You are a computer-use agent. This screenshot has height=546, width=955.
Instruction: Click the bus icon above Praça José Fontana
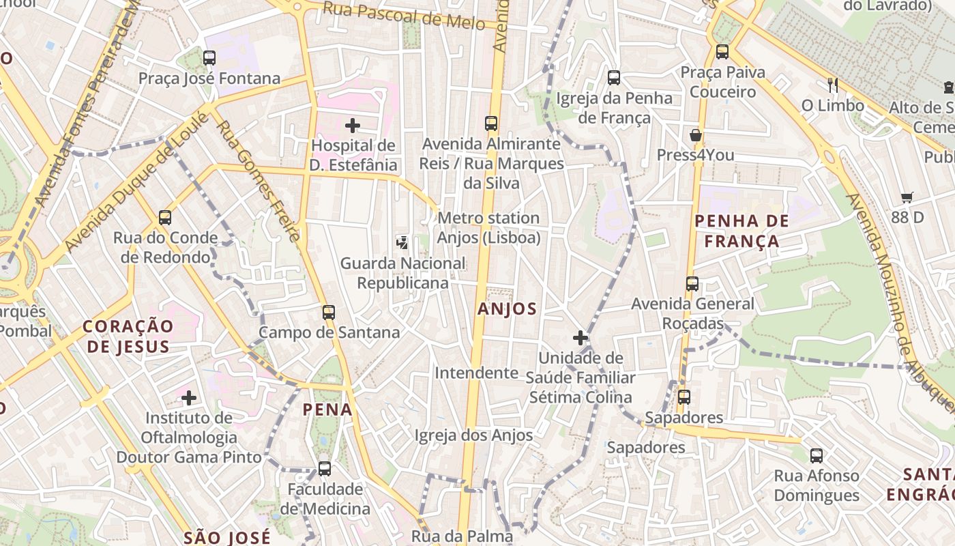coord(209,58)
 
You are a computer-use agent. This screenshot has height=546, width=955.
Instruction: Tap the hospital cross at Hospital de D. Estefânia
coord(353,126)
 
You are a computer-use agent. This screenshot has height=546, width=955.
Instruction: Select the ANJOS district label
coord(507,308)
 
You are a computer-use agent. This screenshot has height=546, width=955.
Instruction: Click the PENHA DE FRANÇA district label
coord(741,231)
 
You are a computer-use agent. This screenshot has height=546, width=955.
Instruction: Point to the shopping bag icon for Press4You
coord(696,135)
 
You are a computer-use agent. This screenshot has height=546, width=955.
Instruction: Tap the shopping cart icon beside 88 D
coord(907,198)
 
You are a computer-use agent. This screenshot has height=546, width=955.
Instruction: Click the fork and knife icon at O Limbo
coord(832,85)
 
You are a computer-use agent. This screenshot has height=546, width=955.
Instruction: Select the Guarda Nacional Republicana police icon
coord(402,242)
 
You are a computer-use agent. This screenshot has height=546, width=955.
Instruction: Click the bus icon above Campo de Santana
coord(329,313)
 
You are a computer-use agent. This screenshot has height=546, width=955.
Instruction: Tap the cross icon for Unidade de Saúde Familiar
coord(581,338)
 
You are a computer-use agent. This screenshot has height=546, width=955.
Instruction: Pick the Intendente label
coord(477,373)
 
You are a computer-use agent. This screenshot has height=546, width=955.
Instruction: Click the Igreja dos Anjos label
coord(473,435)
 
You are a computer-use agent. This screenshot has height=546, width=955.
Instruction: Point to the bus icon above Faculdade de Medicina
coord(325,469)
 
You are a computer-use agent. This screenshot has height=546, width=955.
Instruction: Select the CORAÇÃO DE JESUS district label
coord(126,336)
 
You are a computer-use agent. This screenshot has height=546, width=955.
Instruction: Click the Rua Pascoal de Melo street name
coord(404,15)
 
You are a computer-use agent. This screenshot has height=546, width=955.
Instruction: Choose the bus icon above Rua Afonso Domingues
coord(817,455)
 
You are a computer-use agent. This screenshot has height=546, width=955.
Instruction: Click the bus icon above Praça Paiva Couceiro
coord(722,51)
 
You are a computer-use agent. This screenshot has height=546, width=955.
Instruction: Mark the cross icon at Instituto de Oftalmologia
coord(189,397)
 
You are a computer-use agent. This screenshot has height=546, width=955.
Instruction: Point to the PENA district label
coord(328,409)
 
